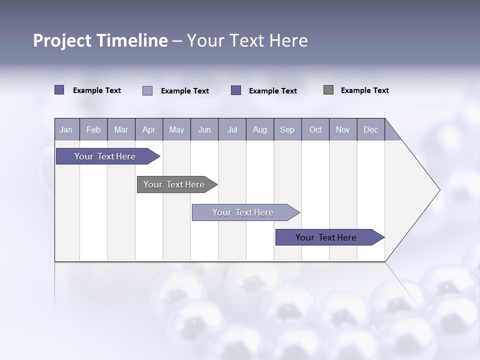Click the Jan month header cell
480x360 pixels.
[66, 129]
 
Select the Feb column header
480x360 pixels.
[93, 129]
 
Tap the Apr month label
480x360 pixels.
[149, 129]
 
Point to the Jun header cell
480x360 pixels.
[204, 129]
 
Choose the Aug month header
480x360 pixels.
[260, 129]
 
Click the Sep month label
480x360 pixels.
[287, 129]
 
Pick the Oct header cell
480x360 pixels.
[315, 129]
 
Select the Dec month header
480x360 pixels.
[371, 129]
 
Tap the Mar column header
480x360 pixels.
[121, 129]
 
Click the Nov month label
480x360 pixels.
[343, 129]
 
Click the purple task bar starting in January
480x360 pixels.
[105, 156]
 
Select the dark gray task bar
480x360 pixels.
[174, 184]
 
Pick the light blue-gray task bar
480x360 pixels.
[243, 212]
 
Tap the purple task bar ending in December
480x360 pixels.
[326, 237]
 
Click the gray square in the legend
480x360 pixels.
[328, 90]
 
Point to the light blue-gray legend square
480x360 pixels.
[147, 90]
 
